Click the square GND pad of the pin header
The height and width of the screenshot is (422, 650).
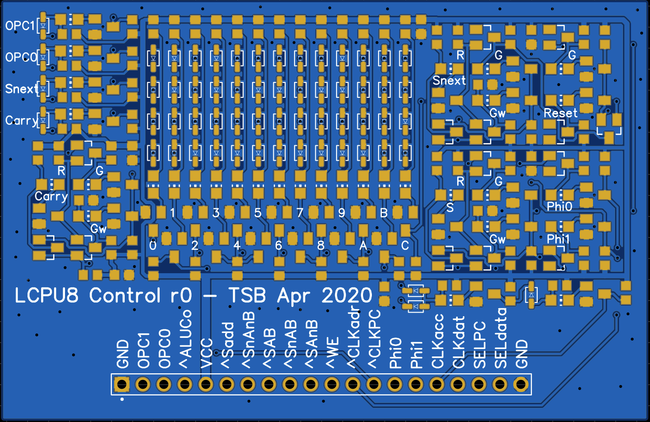pyautogui.click(x=122, y=384)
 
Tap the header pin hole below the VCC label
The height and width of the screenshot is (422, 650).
pyautogui.click(x=206, y=384)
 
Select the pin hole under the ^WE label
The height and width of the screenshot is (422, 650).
pyautogui.click(x=332, y=384)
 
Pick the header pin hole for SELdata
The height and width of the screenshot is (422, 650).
pyautogui.click(x=500, y=384)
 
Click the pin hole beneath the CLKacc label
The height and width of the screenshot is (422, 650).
pyautogui.click(x=437, y=384)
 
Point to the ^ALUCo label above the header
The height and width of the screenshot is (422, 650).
pyautogui.click(x=185, y=339)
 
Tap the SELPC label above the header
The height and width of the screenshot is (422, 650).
pyautogui.click(x=479, y=345)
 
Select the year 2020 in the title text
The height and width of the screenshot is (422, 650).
pyautogui.click(x=347, y=295)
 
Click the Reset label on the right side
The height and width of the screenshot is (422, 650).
pyautogui.click(x=560, y=113)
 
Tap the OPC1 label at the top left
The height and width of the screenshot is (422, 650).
pyautogui.click(x=20, y=26)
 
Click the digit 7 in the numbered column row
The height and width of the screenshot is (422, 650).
pyautogui.click(x=300, y=213)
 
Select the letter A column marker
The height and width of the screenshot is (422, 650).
pyautogui.click(x=363, y=245)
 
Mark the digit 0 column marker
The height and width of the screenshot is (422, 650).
pyautogui.click(x=153, y=245)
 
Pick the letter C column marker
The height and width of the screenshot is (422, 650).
pyautogui.click(x=405, y=245)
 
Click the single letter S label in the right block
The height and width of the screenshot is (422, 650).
pyautogui.click(x=450, y=207)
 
